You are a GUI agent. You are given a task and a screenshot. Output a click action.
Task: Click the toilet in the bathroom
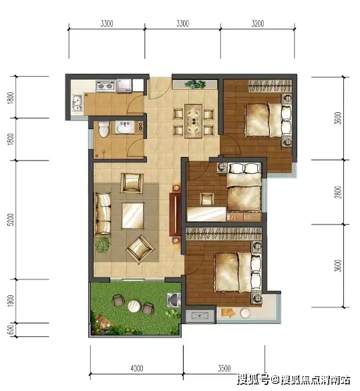coord(104,129)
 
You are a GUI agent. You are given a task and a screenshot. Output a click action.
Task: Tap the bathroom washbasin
coord(125,127)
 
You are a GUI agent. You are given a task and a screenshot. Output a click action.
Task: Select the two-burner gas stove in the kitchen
coord(106,86)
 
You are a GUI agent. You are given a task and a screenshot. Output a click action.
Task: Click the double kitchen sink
coord(77,103)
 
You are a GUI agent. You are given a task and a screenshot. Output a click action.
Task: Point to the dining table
coord(193,121)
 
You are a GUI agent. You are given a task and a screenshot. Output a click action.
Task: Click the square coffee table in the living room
coord(132,216)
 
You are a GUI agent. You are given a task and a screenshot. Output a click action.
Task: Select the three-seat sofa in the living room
coord(103,214)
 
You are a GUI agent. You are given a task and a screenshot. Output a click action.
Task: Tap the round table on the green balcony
coord(134,305)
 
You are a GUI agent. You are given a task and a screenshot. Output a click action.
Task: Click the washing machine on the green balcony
coord(174,300)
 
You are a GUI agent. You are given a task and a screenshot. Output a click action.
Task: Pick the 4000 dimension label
coord(137,368)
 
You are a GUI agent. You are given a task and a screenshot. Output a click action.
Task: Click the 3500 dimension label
coord(224,368)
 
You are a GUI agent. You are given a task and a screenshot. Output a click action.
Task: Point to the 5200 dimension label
coord(11,220)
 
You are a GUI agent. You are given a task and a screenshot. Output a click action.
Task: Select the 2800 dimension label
coord(338,192)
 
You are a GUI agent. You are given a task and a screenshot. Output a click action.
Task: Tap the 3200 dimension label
coord(258,23)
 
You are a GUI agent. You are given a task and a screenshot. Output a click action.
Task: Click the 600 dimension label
coord(11,330)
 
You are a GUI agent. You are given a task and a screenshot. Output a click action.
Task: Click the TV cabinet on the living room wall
coord(176,215)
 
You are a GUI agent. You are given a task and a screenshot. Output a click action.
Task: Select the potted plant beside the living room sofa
coord(102,245)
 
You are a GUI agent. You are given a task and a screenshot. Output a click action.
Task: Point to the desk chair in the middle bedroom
coord(207,199)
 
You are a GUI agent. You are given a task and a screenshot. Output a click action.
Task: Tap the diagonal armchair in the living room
coord(140,249)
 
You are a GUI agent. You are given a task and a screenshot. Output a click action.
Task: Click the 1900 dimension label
coord(11,301)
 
